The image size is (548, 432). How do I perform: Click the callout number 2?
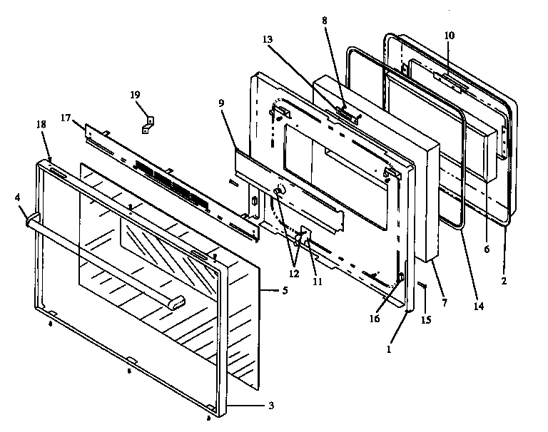click(x=504, y=281)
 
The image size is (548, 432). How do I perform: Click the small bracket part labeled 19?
click(x=148, y=123)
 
